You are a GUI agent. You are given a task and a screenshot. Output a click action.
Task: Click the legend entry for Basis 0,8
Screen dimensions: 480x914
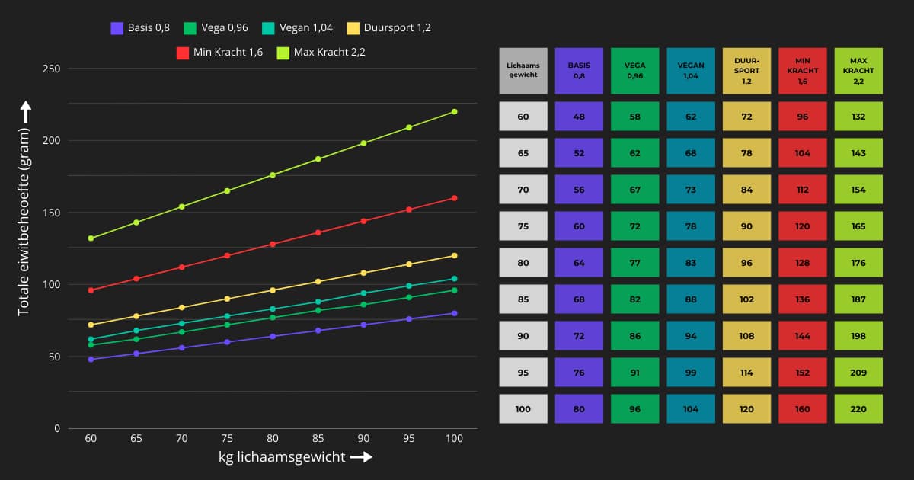click(x=140, y=28)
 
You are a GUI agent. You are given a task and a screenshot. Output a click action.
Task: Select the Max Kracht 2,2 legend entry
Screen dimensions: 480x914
click(x=321, y=53)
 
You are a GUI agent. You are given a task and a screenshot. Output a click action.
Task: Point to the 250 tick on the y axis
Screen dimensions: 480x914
click(x=50, y=69)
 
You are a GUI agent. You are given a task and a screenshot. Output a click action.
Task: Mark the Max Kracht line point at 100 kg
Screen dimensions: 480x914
click(x=455, y=111)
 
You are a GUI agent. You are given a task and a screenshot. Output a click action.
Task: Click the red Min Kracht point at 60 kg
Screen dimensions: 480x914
click(x=91, y=290)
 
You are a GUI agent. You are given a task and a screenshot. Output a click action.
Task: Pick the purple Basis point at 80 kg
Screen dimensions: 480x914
click(x=273, y=336)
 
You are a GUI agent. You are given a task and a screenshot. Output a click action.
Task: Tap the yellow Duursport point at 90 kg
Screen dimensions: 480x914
click(x=363, y=273)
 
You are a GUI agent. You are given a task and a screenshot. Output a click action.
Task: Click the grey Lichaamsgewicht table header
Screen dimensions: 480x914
click(x=523, y=71)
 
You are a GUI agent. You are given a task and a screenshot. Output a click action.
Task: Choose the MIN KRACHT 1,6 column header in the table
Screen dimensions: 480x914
click(x=802, y=71)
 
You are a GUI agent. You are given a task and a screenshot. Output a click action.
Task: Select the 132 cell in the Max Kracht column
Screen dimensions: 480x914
click(x=858, y=117)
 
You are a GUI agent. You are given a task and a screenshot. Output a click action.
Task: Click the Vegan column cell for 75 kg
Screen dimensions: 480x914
click(x=690, y=226)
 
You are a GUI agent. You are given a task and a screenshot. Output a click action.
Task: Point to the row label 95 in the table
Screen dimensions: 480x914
click(x=523, y=373)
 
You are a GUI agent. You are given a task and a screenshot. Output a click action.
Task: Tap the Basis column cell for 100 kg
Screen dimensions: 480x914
click(x=579, y=409)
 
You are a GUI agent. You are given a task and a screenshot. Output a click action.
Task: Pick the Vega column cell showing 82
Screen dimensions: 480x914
click(x=634, y=299)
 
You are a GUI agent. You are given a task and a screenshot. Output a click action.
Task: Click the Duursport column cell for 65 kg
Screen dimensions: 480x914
click(x=746, y=153)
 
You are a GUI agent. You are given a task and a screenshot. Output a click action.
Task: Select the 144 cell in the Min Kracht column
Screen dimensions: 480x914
click(x=802, y=336)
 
